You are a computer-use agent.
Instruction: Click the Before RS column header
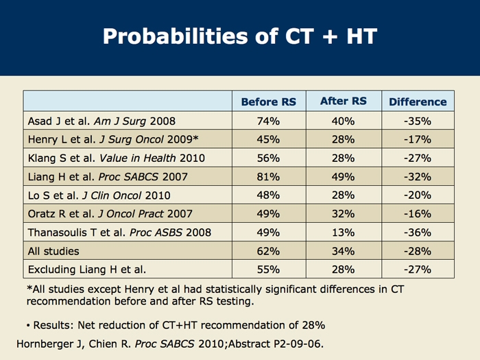[268, 101]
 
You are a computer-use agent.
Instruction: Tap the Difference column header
[418, 101]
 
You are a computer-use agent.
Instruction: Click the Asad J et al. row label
[101, 121]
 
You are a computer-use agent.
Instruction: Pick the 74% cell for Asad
[268, 121]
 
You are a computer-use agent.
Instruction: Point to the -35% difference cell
[418, 121]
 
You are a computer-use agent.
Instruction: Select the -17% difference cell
[418, 140]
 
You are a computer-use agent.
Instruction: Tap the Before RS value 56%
[268, 158]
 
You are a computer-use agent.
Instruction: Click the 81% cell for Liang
[268, 177]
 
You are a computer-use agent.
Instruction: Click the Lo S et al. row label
[99, 195]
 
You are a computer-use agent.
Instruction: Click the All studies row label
[53, 251]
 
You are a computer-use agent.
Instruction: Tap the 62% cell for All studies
[268, 251]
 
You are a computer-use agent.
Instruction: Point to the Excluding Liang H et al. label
[86, 269]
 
